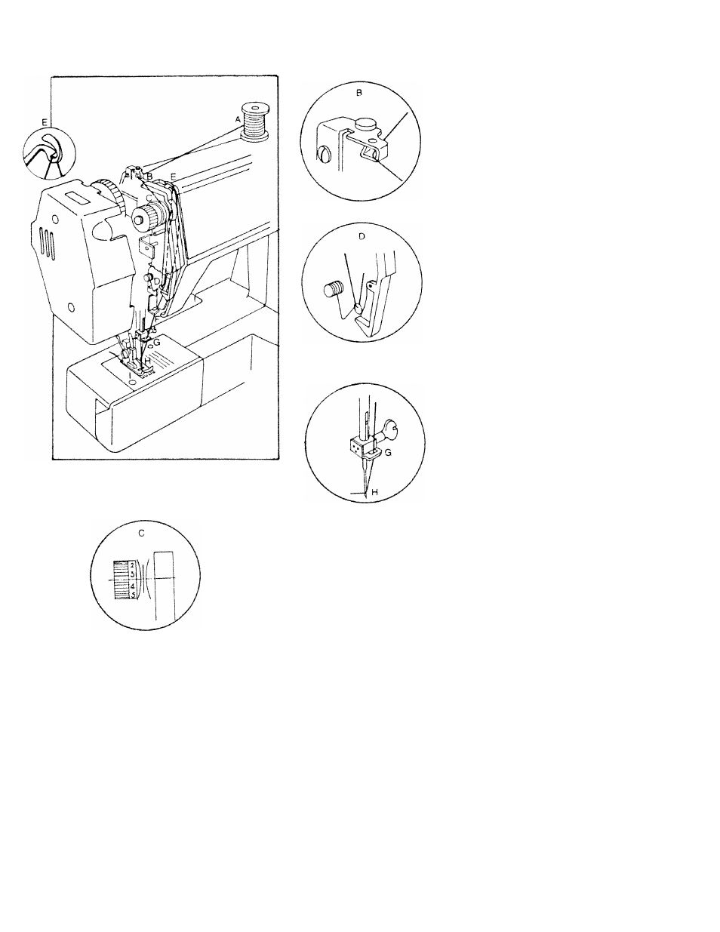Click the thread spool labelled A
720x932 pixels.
tap(254, 122)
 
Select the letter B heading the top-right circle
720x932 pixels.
tap(359, 94)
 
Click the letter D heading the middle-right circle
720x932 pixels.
tap(362, 236)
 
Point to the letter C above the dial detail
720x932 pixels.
tap(143, 533)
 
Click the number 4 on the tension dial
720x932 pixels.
tap(131, 586)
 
